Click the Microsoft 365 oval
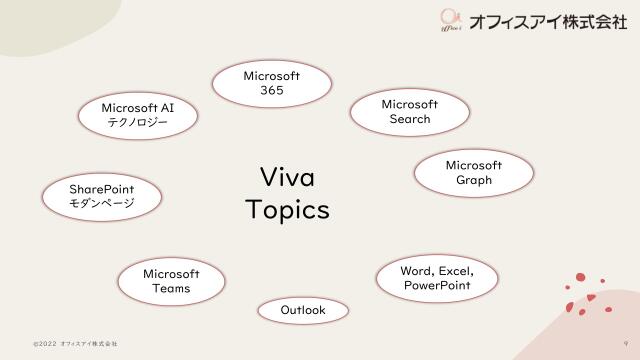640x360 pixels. point(271,83)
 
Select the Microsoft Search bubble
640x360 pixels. point(410,112)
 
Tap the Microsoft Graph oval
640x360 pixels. point(473,172)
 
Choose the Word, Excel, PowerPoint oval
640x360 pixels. point(437,278)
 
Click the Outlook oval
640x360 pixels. point(303,311)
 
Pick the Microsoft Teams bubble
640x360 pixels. point(171,281)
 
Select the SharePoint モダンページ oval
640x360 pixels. point(101,195)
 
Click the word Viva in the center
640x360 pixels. point(287,177)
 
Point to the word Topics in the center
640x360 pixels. point(287,211)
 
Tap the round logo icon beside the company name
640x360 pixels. point(450,19)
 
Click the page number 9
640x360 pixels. point(625,343)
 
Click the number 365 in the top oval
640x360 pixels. point(271,91)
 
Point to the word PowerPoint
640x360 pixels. point(437,286)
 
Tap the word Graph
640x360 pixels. point(473,180)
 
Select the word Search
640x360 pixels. point(410,120)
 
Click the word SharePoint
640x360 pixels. point(101,187)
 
